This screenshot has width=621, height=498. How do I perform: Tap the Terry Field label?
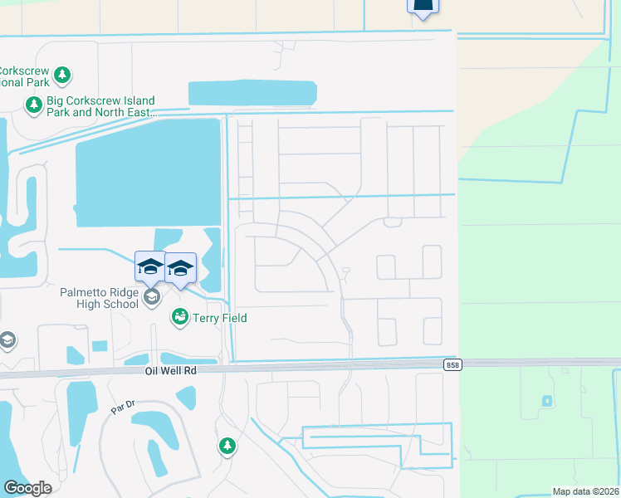click(x=219, y=318)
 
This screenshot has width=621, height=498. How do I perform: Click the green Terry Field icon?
click(x=179, y=317)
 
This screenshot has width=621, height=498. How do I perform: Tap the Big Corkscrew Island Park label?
click(x=100, y=106)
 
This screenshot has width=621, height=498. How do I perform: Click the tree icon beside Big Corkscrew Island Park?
click(x=34, y=105)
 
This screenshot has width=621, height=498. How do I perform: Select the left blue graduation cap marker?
click(x=150, y=266)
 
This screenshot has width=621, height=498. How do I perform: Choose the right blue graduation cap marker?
click(x=181, y=267)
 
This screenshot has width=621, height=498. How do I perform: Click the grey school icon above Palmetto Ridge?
click(x=151, y=297)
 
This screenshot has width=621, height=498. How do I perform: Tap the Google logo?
click(x=27, y=488)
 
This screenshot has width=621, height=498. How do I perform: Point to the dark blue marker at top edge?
click(x=423, y=7)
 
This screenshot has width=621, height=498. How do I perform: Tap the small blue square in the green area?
click(x=546, y=401)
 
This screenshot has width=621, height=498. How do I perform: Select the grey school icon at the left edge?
click(x=7, y=340)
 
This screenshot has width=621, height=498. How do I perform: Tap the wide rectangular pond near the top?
click(x=252, y=93)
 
